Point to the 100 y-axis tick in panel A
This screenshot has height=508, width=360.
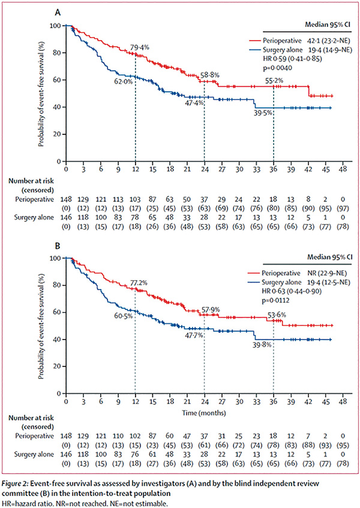coord(56,26)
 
